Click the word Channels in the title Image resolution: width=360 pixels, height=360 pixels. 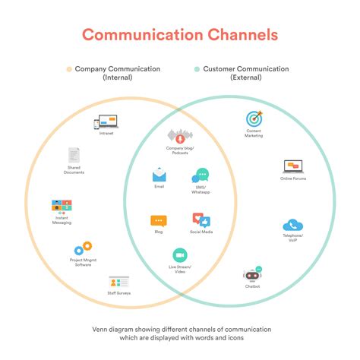click(235, 35)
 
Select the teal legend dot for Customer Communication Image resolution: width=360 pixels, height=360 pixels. click(197, 69)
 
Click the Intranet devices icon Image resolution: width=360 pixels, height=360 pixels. click(106, 122)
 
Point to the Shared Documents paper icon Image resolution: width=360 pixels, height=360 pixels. click(74, 155)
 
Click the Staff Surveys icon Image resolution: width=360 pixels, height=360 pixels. click(118, 282)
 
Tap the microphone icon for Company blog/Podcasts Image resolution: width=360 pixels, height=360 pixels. click(180, 137)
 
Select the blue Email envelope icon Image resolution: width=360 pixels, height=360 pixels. click(159, 175)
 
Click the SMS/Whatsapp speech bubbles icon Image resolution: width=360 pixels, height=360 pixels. click(201, 176)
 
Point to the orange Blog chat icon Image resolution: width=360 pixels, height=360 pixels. click(159, 221)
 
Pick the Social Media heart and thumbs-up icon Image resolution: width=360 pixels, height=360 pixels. click(201, 221)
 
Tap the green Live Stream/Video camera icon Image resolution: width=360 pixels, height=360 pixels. click(180, 255)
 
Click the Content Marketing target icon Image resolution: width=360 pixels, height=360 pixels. click(254, 118)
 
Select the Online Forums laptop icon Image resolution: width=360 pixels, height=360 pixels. click(293, 166)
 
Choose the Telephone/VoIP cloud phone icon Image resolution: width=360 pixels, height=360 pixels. click(293, 225)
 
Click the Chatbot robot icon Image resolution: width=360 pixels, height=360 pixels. click(253, 274)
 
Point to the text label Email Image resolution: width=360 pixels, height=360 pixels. click(159, 186)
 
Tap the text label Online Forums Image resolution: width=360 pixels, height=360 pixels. click(293, 178)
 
